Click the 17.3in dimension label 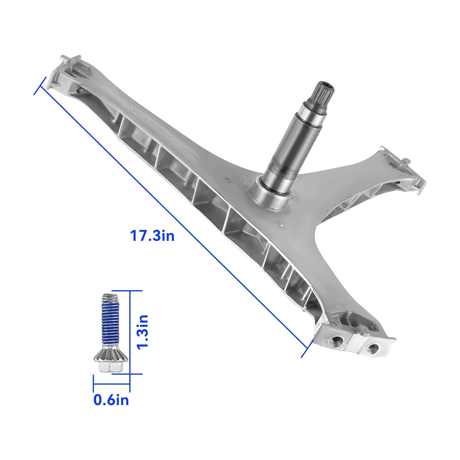click(x=152, y=236)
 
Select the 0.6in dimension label click(x=111, y=400)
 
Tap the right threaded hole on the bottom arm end click(x=372, y=350)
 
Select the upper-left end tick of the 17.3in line click(x=40, y=86)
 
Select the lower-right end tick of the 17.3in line click(x=307, y=348)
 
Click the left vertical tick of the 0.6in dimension click(x=93, y=383)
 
